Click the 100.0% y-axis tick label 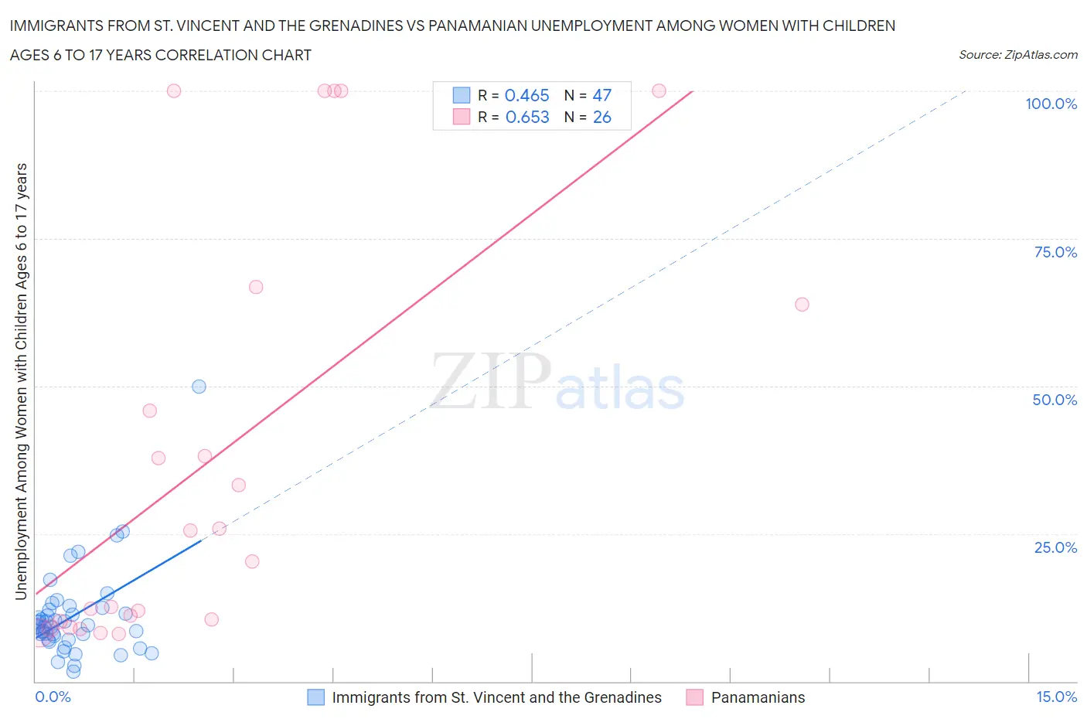coord(1051,104)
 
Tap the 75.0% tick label coord(1055,252)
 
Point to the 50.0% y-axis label coord(1055,400)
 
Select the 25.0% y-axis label coord(1055,547)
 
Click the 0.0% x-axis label coord(53,697)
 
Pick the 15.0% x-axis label coord(1056,697)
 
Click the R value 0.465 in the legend coord(526,95)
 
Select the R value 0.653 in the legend coord(526,117)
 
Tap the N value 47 coord(601,95)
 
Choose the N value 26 coord(601,117)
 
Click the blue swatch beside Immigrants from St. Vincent coord(315,697)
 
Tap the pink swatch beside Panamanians coord(694,697)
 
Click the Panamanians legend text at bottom coord(758,697)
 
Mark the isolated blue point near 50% coord(199,387)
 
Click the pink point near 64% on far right coord(802,305)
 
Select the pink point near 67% coord(256,287)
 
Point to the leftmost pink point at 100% coord(174,91)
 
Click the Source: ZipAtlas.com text coord(1017,54)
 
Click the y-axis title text coord(21,381)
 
